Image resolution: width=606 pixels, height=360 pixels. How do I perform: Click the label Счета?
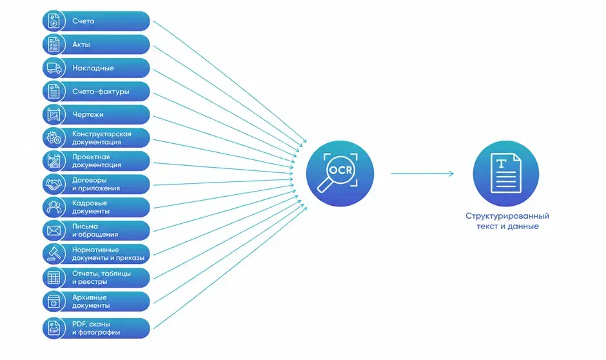tap(83, 21)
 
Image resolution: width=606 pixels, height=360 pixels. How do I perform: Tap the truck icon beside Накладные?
tap(54, 68)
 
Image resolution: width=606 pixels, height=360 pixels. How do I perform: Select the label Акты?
tap(81, 45)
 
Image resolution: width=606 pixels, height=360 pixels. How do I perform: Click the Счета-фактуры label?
tap(101, 92)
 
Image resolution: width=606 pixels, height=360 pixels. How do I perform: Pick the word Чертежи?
tap(88, 114)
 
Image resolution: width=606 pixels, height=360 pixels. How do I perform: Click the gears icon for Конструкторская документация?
tap(54, 137)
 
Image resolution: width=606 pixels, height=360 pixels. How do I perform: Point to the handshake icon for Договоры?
tap(54, 184)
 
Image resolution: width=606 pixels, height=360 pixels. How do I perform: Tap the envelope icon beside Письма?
tap(54, 231)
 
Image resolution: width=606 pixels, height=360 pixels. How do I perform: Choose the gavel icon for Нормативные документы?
tap(54, 254)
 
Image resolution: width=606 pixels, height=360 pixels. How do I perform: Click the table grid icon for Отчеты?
tap(54, 277)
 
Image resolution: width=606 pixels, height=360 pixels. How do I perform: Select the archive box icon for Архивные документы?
tap(54, 301)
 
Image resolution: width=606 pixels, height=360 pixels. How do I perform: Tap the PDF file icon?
tap(54, 328)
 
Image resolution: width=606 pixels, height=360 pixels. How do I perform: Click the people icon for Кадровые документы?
tap(54, 207)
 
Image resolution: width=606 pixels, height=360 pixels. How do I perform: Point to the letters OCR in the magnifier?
tap(340, 170)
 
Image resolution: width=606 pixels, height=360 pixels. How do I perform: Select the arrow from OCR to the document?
tap(422, 174)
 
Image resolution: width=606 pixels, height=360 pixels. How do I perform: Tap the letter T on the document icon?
tap(502, 164)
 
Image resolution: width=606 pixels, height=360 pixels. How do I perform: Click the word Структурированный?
tap(507, 215)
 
